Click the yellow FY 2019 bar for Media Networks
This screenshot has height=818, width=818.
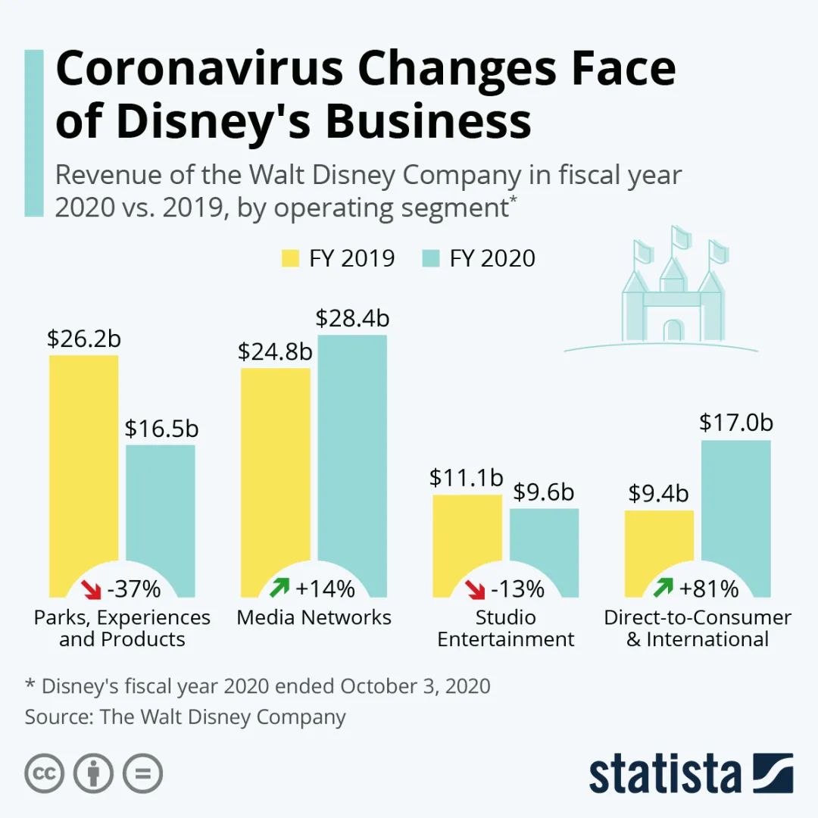pyautogui.click(x=275, y=470)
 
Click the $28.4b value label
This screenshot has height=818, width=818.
pyautogui.click(x=352, y=318)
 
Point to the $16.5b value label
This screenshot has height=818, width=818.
pyautogui.click(x=161, y=429)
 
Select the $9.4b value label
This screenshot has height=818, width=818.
pyautogui.click(x=658, y=494)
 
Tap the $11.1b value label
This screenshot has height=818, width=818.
pyautogui.click(x=467, y=478)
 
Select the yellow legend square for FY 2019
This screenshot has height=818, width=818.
pyautogui.click(x=291, y=258)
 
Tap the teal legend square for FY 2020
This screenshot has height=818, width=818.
pyautogui.click(x=429, y=258)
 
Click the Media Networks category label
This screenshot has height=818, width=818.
pyautogui.click(x=314, y=617)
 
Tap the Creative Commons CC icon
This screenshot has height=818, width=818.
pyautogui.click(x=44, y=774)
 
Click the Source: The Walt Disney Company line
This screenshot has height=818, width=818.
pyautogui.click(x=185, y=717)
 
